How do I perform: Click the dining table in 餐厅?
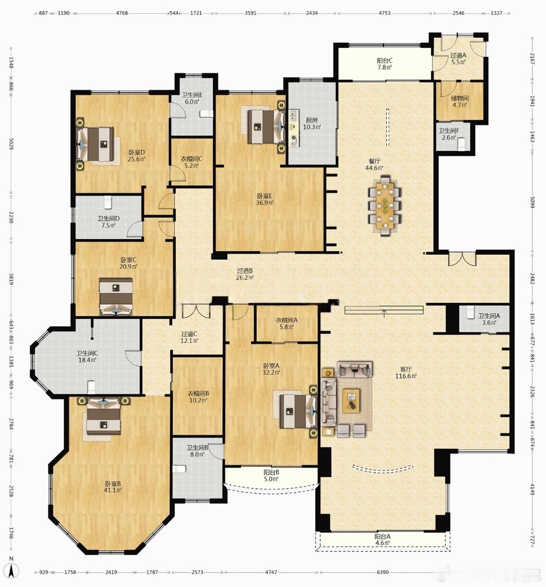(x=385, y=206)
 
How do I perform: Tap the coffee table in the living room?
(x=351, y=401)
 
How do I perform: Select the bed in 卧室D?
(x=95, y=144)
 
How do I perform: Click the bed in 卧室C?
(x=116, y=296)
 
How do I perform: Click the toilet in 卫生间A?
(x=470, y=312)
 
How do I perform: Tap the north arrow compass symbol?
(x=11, y=569)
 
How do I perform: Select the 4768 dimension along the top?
(x=122, y=13)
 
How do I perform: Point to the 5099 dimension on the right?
(x=532, y=202)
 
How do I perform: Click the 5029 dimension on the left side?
(x=11, y=144)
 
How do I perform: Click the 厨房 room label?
(x=312, y=120)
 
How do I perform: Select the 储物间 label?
(x=460, y=98)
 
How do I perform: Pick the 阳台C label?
(x=384, y=60)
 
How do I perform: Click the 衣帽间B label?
(x=198, y=394)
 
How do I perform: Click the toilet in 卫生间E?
(x=207, y=114)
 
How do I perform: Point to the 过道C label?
(x=189, y=334)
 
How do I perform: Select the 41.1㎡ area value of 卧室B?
(x=112, y=490)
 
